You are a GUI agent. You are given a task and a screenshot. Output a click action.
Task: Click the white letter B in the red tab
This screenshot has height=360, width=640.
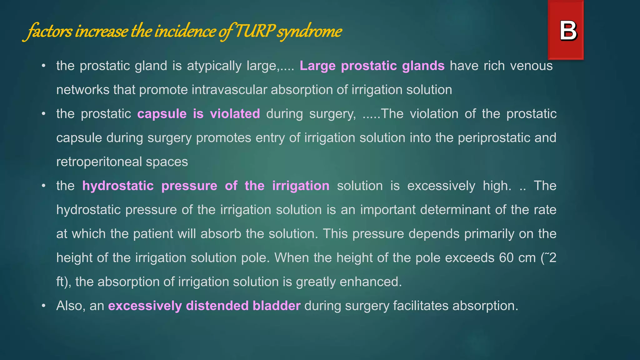568,31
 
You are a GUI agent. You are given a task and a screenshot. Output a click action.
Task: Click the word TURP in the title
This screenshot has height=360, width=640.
255,31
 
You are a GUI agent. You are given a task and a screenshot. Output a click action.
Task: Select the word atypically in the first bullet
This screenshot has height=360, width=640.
214,66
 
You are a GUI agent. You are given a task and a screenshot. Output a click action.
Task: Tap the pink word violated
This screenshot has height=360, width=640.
235,114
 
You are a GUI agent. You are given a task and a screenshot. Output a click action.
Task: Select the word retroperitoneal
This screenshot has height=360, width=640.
99,162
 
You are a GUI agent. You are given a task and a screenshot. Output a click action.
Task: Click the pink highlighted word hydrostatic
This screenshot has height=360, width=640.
118,186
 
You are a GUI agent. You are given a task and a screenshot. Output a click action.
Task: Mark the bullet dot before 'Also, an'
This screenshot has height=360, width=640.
44,306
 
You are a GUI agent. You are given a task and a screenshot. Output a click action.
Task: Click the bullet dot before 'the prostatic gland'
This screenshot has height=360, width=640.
44,66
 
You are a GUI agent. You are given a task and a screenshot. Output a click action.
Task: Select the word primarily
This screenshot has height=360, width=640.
489,234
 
